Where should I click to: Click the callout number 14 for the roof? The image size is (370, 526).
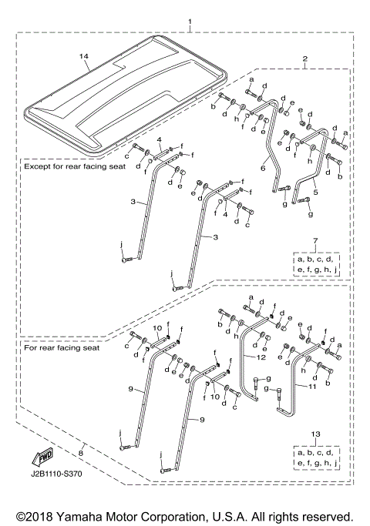pyautogui.click(x=84, y=56)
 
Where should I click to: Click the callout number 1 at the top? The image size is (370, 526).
pyautogui.click(x=190, y=22)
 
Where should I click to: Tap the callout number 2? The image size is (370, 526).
pyautogui.click(x=304, y=59)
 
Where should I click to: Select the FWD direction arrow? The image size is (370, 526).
pyautogui.click(x=42, y=457)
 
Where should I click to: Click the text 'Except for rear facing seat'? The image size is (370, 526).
pyautogui.click(x=75, y=166)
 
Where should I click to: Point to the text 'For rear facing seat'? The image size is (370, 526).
pyautogui.click(x=62, y=347)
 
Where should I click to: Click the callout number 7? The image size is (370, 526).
pyautogui.click(x=315, y=240)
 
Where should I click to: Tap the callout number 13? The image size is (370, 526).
pyautogui.click(x=315, y=434)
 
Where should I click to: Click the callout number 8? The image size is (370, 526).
pyautogui.click(x=81, y=453)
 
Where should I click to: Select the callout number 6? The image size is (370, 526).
pyautogui.click(x=263, y=168)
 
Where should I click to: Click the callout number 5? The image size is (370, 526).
pyautogui.click(x=315, y=193)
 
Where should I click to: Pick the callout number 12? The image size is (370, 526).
pyautogui.click(x=261, y=357)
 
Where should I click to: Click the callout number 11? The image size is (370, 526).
pyautogui.click(x=312, y=387)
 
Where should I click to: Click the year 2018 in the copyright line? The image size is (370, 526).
pyautogui.click(x=40, y=517)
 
